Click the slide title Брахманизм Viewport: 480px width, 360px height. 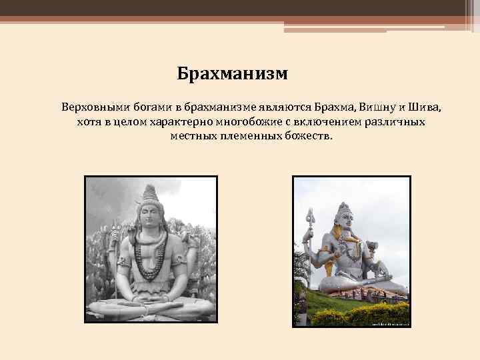click(232, 73)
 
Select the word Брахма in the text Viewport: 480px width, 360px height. click(336, 107)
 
